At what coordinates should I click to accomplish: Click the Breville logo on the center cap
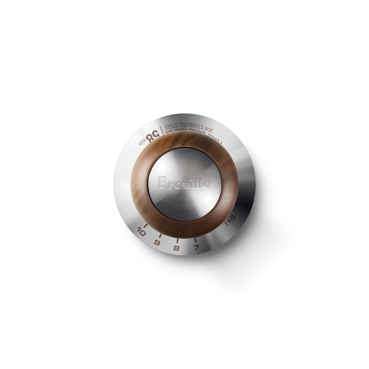(x=184, y=183)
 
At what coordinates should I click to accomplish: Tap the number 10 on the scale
(x=141, y=232)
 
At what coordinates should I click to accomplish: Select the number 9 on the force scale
(x=157, y=243)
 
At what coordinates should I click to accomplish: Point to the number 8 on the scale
(x=176, y=249)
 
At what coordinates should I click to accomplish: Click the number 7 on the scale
(x=196, y=248)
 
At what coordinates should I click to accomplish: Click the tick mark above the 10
(x=146, y=224)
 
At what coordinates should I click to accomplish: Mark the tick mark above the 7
(x=195, y=240)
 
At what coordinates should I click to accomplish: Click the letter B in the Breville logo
(x=162, y=183)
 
